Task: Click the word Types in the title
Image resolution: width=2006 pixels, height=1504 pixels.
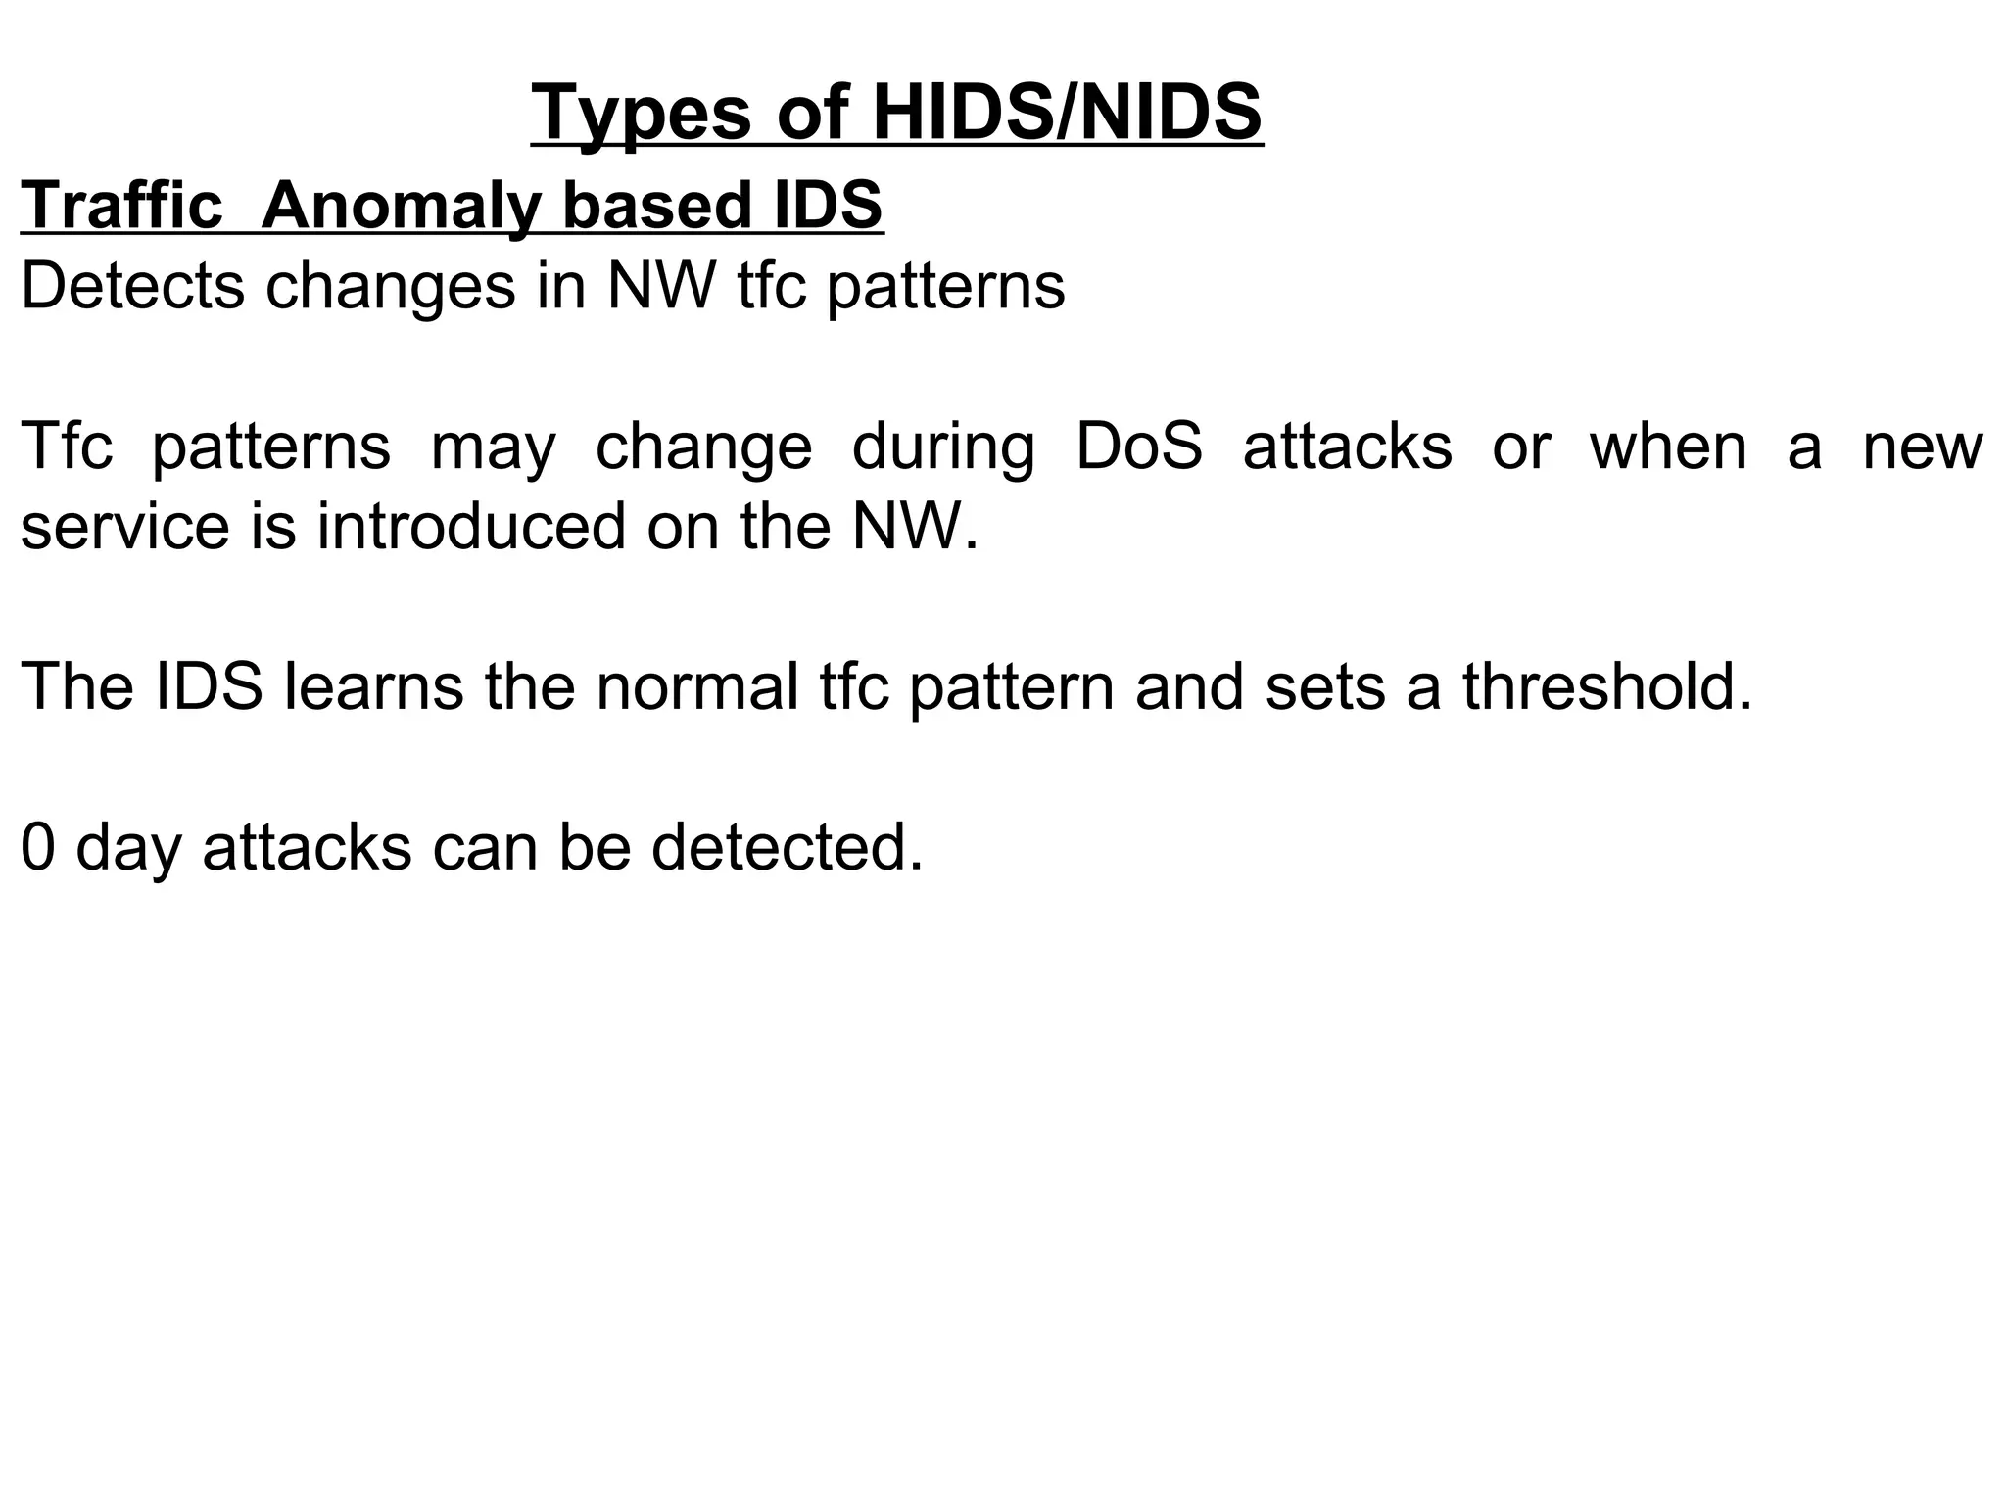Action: pos(641,114)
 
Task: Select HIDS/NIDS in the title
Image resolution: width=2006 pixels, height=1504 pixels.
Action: pos(1067,114)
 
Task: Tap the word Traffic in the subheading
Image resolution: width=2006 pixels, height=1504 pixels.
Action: pos(121,206)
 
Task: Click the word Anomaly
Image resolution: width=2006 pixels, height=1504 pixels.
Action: pos(401,208)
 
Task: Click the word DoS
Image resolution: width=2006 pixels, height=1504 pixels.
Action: pos(1139,446)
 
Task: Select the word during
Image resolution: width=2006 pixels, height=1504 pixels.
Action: pos(942,448)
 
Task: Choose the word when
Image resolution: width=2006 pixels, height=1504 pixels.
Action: pos(1668,446)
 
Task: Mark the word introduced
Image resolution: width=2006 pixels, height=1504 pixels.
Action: pos(470,527)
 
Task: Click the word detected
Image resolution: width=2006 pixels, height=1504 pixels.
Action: pos(788,847)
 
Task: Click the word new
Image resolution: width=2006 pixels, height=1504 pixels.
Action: pos(1922,446)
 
